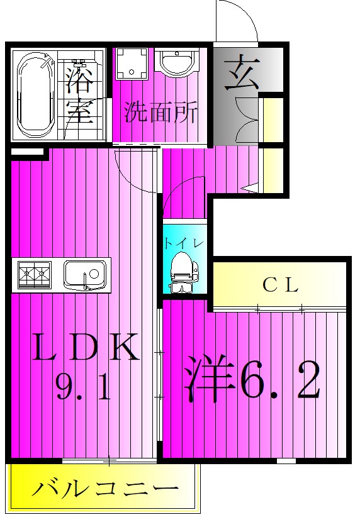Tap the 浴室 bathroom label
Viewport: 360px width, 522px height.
[x=80, y=95]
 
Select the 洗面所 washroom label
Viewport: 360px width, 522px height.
[x=160, y=113]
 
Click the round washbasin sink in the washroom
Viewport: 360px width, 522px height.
[x=178, y=65]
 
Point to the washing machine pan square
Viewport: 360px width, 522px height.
[x=133, y=65]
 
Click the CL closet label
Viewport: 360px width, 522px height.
[x=279, y=285]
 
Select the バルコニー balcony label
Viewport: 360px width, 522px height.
[x=104, y=489]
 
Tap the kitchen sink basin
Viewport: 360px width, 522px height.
[x=85, y=274]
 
